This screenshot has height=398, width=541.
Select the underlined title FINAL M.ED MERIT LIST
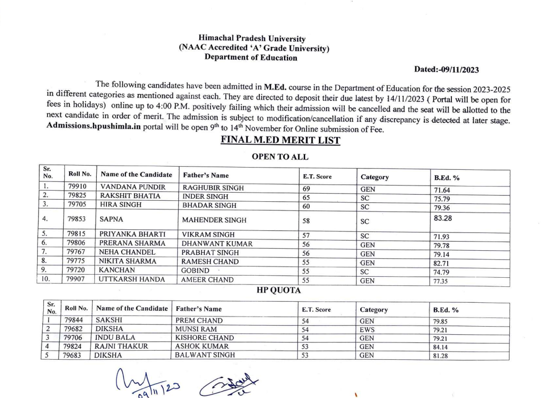(x=280, y=140)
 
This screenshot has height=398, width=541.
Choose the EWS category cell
(x=367, y=329)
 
